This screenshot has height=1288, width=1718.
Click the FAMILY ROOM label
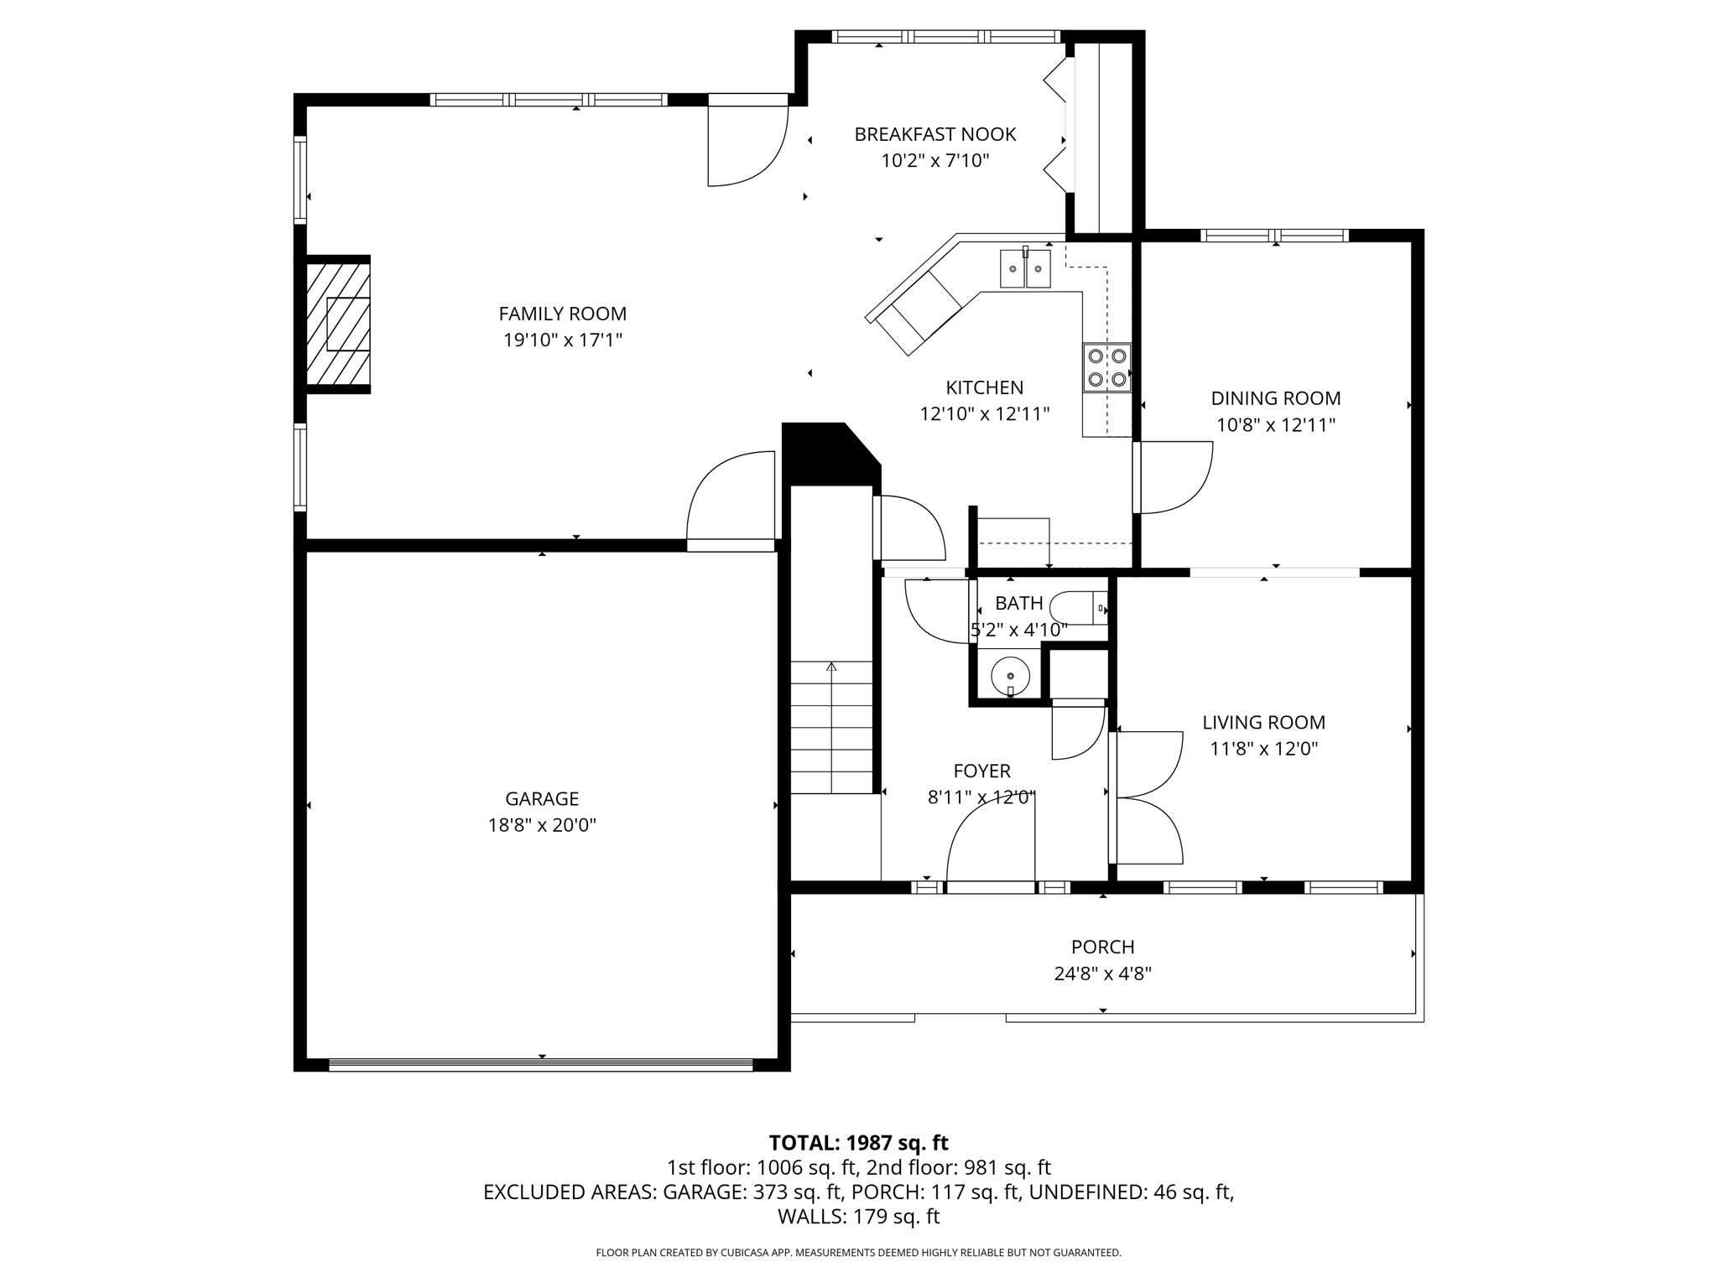(562, 314)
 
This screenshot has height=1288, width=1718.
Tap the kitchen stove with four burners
(1106, 368)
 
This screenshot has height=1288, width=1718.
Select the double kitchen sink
(1025, 268)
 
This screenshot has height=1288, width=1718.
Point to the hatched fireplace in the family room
(337, 324)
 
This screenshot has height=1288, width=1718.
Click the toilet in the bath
(1080, 607)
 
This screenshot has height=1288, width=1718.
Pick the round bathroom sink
(1010, 675)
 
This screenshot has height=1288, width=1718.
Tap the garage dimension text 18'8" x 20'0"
(542, 825)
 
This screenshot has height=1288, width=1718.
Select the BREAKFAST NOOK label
(934, 134)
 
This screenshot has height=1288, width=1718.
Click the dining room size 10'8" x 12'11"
(1275, 425)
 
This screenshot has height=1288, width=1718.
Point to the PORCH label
(1102, 947)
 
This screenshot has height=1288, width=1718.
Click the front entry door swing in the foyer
(990, 843)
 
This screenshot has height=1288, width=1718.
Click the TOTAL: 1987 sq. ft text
(858, 1143)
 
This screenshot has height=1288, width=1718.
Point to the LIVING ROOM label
(1263, 722)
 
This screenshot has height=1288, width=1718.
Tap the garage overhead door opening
(541, 1064)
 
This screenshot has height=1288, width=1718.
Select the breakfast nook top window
(946, 37)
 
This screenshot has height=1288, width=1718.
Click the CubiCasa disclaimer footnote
(858, 1253)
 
